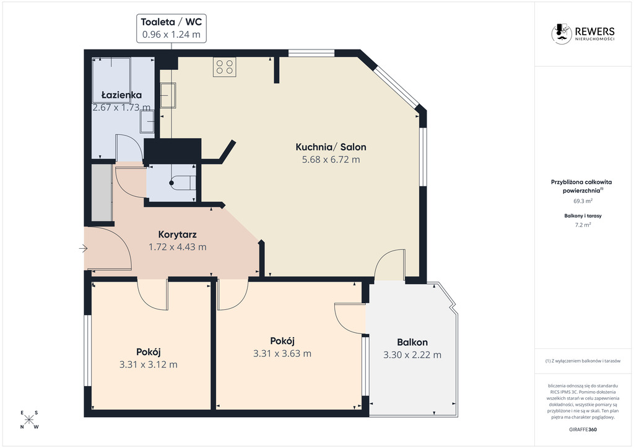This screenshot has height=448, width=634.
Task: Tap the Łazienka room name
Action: pyautogui.click(x=121, y=95)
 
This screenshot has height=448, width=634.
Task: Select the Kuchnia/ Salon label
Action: pyautogui.click(x=331, y=147)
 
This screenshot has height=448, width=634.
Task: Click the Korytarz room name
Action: pyautogui.click(x=177, y=235)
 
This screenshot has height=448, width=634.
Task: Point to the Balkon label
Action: pyautogui.click(x=412, y=342)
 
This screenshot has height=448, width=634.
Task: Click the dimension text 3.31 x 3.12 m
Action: pyautogui.click(x=148, y=364)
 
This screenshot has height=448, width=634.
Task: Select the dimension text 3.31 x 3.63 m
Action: pyautogui.click(x=282, y=353)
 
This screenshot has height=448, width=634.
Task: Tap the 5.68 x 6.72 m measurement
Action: pyautogui.click(x=331, y=160)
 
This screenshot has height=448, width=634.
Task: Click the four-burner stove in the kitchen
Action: pyautogui.click(x=225, y=67)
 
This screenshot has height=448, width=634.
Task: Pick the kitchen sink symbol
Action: pyautogui.click(x=168, y=96)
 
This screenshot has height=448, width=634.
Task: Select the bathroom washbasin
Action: pyautogui.click(x=147, y=121)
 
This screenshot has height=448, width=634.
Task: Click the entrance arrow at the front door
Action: pyautogui.click(x=83, y=249)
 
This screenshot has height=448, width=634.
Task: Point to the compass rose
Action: pyautogui.click(x=29, y=420)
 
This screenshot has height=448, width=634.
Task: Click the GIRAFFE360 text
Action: pyautogui.click(x=583, y=429)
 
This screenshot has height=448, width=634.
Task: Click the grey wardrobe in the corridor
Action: pyautogui.click(x=101, y=192)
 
